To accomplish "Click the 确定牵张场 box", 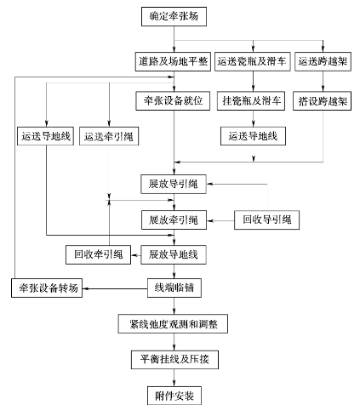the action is (174, 17).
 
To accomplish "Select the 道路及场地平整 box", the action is (173, 61).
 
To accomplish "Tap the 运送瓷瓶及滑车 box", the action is (253, 61).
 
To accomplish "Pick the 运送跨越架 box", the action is (323, 61).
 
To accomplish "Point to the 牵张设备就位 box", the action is (173, 100).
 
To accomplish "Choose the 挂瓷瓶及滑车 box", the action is (251, 100).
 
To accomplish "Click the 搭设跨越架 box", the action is (323, 100).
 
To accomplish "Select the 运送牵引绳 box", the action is (109, 136).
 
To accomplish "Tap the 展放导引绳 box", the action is (174, 185).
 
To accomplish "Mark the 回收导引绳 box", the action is (266, 219).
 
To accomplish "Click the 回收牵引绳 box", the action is (99, 254).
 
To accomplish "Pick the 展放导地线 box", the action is (174, 254).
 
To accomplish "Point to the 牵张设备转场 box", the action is (47, 288).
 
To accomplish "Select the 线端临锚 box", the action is (174, 288).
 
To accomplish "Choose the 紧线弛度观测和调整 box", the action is (173, 324).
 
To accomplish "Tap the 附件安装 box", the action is (174, 396).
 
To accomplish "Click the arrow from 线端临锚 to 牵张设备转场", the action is (115, 288).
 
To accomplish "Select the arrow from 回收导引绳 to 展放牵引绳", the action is (220, 220).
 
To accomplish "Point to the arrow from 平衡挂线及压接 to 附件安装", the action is (174, 378).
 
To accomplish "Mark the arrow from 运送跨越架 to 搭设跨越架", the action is (323, 81).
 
